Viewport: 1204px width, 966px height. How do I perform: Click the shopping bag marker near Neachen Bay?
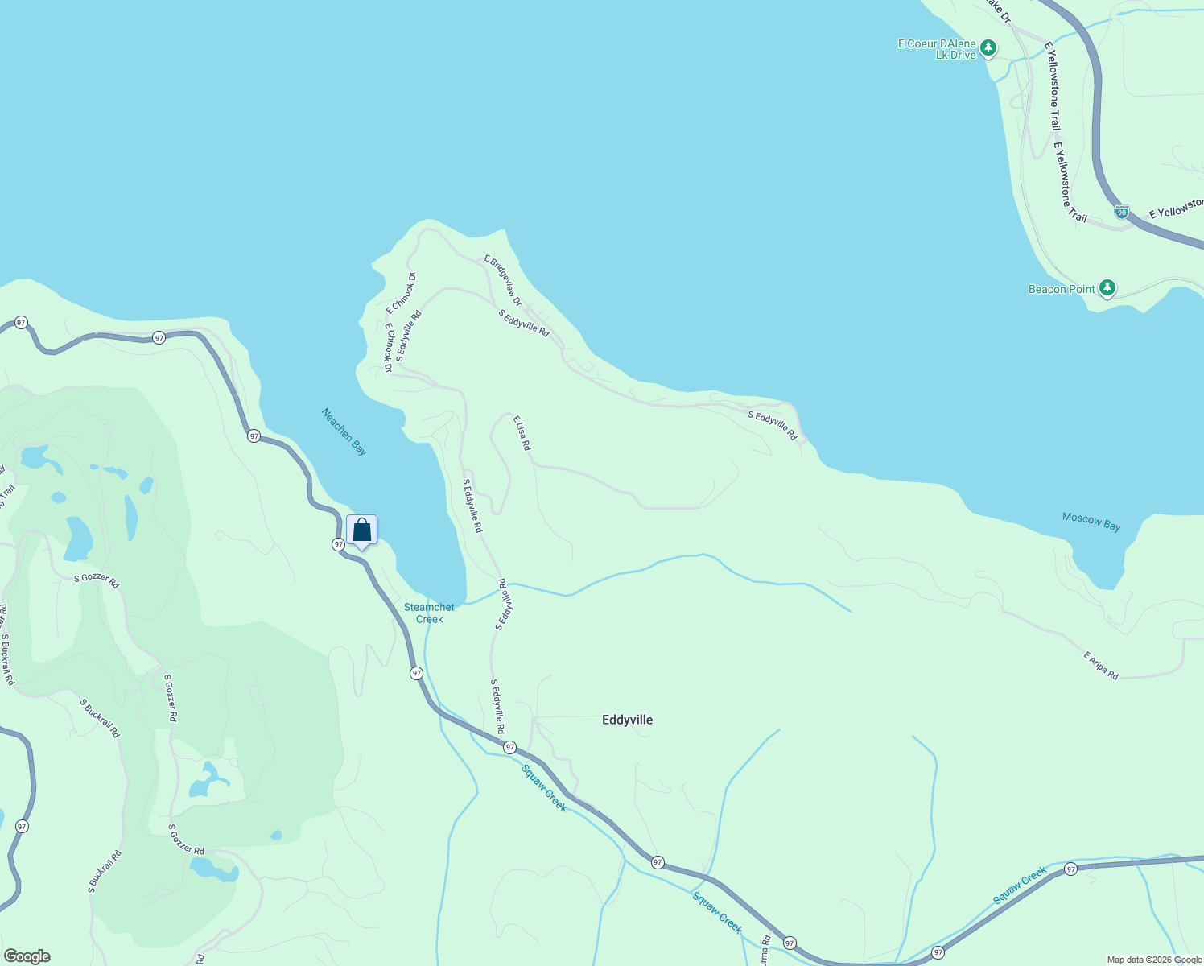[361, 530]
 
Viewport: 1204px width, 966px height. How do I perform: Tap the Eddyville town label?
[627, 720]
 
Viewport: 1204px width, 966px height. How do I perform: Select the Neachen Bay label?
[344, 431]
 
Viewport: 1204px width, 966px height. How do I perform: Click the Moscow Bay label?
[1091, 522]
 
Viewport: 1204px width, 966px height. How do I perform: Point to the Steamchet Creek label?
[429, 613]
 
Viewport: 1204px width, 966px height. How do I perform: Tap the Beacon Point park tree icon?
[1107, 287]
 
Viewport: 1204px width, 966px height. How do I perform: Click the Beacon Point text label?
[1062, 289]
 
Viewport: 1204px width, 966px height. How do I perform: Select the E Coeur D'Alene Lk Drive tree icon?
[988, 47]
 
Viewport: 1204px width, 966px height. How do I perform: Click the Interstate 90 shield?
[1121, 212]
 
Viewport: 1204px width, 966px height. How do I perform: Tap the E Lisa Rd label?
[522, 433]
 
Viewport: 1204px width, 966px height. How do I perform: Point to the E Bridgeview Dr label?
[503, 280]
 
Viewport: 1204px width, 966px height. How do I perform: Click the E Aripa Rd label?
[1101, 666]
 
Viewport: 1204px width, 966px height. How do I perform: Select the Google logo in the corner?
[27, 956]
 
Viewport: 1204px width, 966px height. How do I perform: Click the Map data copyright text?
[1154, 960]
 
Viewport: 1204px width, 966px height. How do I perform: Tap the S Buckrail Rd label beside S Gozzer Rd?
[100, 718]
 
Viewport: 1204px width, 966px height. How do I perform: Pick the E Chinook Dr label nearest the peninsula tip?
[401, 293]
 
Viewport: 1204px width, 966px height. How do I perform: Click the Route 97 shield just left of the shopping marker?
[338, 544]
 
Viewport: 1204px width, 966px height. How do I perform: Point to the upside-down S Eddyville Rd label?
[504, 605]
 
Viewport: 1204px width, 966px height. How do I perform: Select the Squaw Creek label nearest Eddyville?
[544, 787]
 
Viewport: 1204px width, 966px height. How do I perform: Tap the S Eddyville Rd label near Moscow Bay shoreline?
[772, 426]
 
